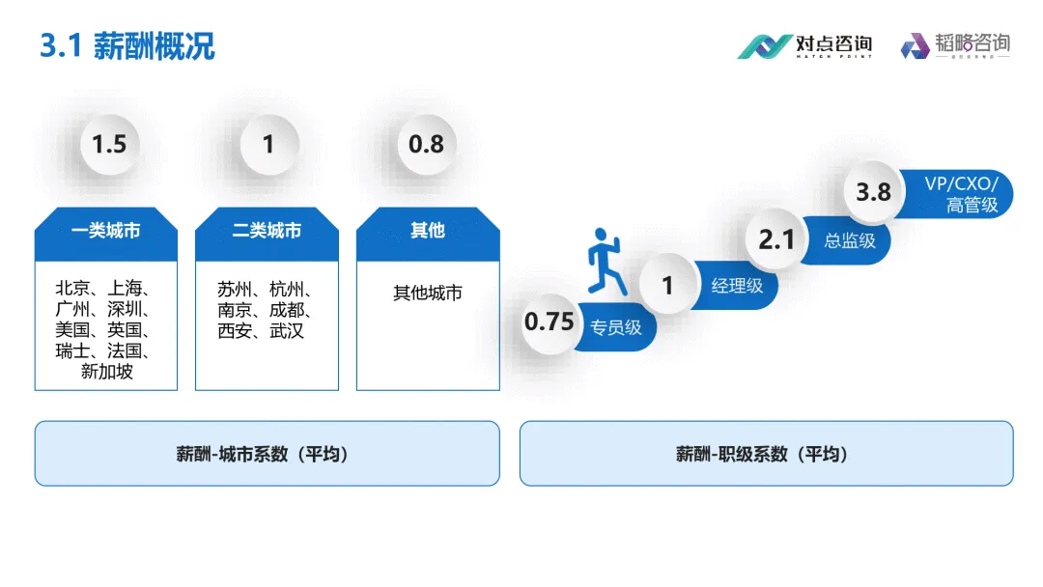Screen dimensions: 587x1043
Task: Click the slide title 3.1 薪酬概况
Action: [127, 45]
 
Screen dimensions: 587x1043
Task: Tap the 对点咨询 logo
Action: [804, 45]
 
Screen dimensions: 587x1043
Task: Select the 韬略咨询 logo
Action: [955, 45]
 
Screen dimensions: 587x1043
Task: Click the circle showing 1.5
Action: [109, 145]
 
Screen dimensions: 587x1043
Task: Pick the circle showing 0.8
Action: [426, 145]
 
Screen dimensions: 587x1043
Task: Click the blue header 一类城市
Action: [106, 232]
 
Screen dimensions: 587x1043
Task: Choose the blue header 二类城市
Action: [267, 232]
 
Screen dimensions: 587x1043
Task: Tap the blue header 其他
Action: [428, 232]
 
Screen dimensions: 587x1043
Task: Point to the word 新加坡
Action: [107, 372]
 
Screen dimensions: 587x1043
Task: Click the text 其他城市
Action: [428, 293]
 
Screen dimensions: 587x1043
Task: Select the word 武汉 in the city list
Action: [287, 331]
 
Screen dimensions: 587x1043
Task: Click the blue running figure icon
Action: [606, 261]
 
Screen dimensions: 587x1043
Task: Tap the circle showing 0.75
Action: [550, 321]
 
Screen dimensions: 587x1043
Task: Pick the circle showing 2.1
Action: [776, 238]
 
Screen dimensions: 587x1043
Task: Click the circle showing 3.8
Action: [874, 191]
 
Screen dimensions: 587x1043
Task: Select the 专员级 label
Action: [616, 327]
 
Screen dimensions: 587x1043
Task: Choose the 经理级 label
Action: [737, 286]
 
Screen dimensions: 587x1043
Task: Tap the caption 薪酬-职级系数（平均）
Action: [766, 454]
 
